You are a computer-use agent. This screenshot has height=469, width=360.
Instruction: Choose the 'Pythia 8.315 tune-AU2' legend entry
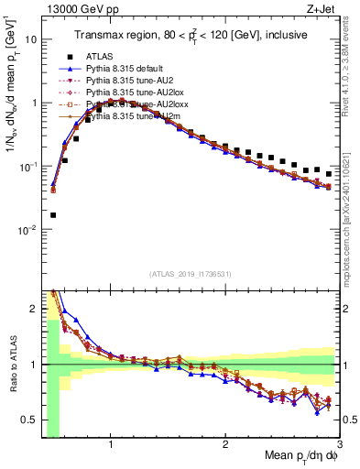(134, 81)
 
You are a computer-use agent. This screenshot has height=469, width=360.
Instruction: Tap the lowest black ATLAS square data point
(53, 215)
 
